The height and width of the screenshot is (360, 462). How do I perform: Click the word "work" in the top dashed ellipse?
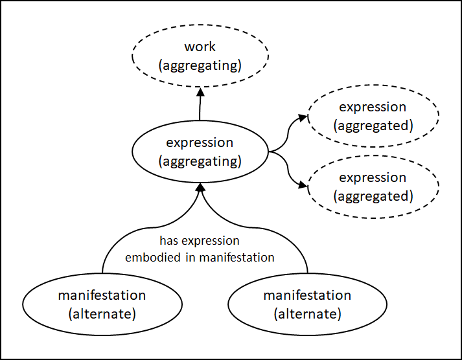(200, 47)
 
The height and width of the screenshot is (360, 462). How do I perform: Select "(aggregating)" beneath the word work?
(200, 65)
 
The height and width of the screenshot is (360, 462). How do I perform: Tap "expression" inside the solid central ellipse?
(200, 142)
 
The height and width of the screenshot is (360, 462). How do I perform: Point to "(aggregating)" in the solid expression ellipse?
(200, 160)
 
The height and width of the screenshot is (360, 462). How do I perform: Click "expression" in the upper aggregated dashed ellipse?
(373, 107)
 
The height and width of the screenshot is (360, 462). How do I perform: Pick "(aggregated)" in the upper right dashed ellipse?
(373, 125)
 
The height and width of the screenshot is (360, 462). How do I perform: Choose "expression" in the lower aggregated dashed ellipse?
(373, 178)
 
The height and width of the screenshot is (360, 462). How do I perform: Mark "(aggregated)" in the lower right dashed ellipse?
(373, 196)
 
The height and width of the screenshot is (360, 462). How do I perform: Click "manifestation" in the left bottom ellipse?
(102, 296)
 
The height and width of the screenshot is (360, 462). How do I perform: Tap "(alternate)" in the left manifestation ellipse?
(102, 314)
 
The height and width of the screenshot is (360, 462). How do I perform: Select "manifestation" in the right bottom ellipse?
(307, 296)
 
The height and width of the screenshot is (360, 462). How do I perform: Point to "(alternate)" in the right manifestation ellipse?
(307, 314)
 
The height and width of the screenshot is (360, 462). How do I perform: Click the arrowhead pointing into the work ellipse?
(200, 91)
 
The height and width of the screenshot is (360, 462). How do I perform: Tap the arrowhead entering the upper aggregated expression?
(303, 118)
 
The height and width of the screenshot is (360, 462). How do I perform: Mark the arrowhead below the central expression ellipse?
(200, 187)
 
